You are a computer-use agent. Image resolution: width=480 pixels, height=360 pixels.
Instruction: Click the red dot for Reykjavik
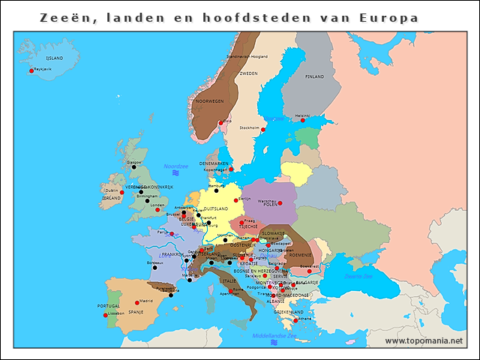click(x=31, y=71)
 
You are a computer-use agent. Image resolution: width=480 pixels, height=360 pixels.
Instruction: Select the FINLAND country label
click(x=314, y=76)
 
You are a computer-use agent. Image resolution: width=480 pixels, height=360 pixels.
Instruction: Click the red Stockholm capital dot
click(x=263, y=130)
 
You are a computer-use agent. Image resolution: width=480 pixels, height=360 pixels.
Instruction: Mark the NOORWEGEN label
click(x=209, y=101)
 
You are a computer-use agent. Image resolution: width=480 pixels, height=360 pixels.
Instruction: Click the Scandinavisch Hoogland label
click(x=247, y=56)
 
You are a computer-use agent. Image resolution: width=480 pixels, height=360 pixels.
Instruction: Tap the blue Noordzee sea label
click(x=175, y=166)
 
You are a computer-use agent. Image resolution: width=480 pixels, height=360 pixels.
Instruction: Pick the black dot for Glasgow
click(x=133, y=168)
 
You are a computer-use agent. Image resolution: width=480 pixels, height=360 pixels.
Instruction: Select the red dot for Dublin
click(x=121, y=193)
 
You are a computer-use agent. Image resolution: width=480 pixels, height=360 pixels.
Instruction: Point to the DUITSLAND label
click(x=216, y=208)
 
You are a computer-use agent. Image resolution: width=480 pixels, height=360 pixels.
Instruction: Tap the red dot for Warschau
click(x=280, y=203)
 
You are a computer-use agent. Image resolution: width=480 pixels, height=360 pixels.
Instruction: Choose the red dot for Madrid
click(x=137, y=303)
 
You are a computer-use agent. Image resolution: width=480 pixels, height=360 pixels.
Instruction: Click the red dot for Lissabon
click(x=106, y=315)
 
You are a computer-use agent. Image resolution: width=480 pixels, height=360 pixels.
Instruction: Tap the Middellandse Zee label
click(x=273, y=335)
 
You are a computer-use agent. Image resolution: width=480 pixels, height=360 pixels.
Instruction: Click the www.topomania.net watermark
click(x=424, y=341)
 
